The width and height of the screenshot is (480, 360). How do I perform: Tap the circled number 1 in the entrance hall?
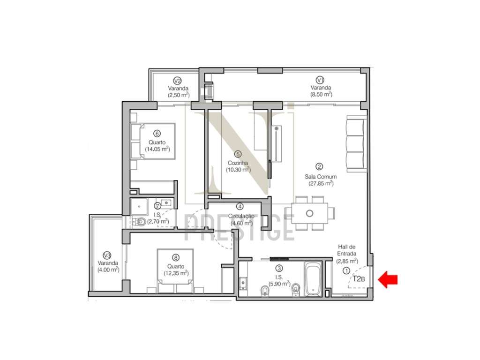(346, 270)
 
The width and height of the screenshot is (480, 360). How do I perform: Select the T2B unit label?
(359, 279)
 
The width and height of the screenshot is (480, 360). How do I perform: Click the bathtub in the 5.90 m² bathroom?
(312, 280)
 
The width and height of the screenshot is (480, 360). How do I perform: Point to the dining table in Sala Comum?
(309, 213)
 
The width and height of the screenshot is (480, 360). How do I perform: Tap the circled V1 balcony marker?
(321, 79)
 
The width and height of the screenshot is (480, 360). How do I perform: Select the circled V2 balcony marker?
(178, 80)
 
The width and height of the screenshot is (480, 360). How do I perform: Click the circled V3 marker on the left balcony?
(107, 255)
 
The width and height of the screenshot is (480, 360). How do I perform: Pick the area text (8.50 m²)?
(321, 94)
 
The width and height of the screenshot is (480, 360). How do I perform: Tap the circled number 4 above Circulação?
(240, 206)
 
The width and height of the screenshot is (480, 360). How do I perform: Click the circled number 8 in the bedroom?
(175, 257)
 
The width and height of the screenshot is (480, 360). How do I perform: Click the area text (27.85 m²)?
(321, 183)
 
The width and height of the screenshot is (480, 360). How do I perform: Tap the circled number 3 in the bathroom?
(279, 269)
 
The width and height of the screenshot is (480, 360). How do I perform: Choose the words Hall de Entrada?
(347, 250)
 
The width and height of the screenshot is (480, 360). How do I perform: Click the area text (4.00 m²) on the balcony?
(108, 270)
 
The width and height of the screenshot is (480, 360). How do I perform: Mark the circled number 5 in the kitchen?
(238, 153)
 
